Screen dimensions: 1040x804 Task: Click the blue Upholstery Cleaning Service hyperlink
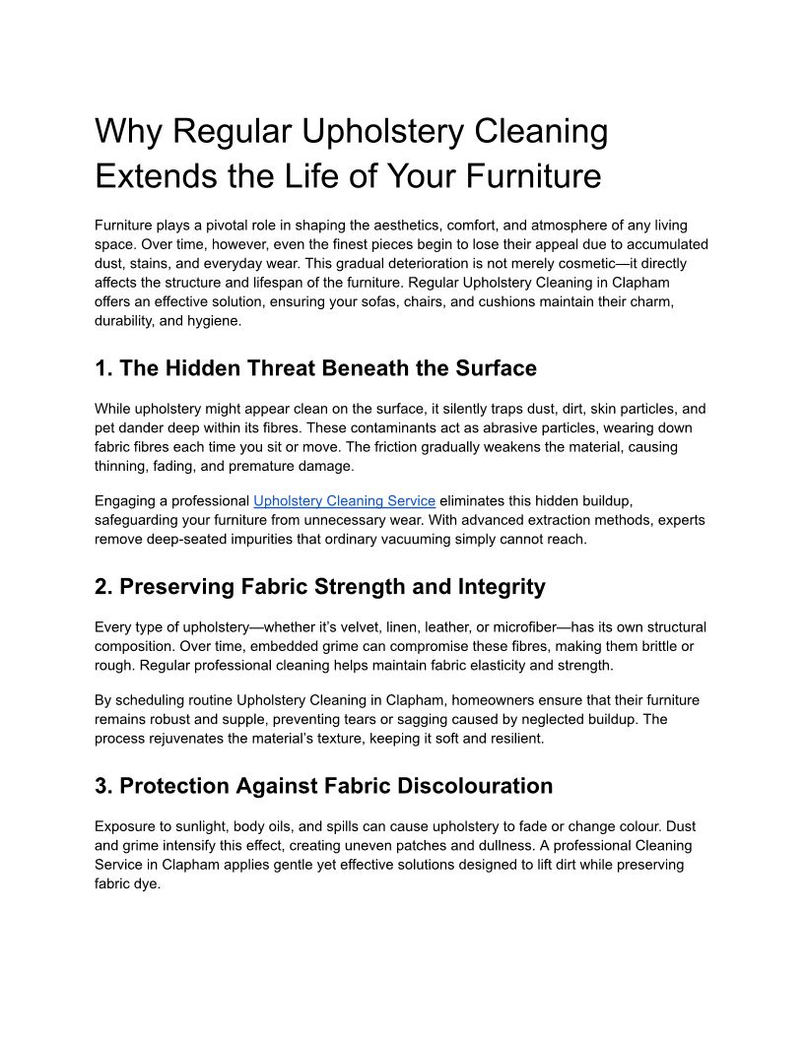344,501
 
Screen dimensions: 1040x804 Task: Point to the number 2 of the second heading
101,587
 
